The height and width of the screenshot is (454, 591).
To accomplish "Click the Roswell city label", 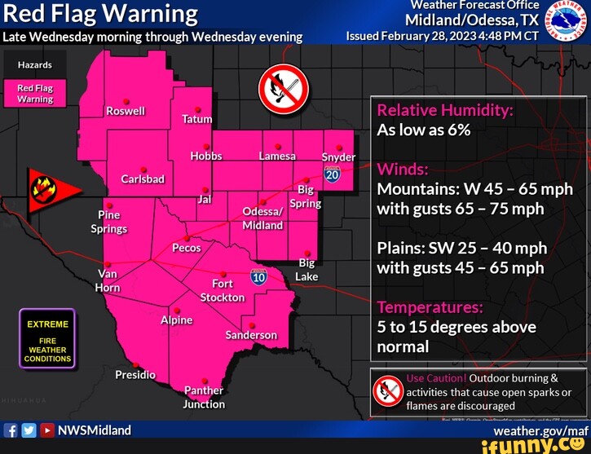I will click(126, 111).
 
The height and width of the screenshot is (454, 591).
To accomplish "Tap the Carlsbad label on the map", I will click(143, 179).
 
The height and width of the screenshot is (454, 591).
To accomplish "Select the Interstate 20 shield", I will click(332, 174).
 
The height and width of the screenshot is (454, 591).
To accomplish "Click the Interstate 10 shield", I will click(258, 277).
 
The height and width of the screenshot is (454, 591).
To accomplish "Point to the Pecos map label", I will click(186, 248).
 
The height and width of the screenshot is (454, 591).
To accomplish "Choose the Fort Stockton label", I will click(223, 290).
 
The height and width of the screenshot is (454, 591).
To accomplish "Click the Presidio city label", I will click(135, 375).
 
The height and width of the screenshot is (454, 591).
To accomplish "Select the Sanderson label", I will click(251, 335).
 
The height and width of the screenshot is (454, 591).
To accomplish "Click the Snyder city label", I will click(338, 156).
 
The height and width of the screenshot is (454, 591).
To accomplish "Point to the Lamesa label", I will click(278, 156).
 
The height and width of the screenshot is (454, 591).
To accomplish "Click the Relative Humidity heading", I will click(444, 111).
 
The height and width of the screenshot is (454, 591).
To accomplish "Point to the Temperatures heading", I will click(430, 307).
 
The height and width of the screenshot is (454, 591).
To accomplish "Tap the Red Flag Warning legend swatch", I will click(35, 94).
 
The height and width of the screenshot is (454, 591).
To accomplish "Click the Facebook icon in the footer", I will click(11, 430).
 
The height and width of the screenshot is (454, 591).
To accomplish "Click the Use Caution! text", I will click(435, 378).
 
